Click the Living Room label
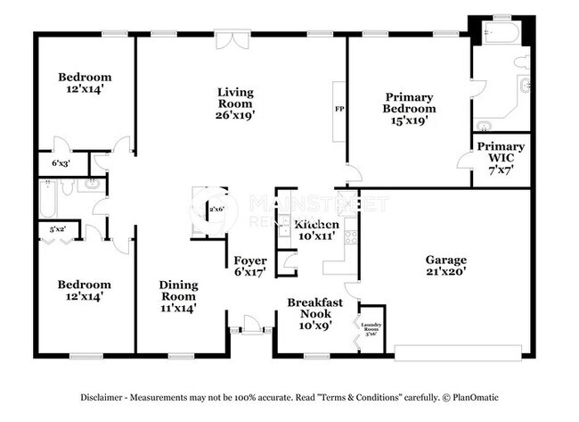pos(236,103)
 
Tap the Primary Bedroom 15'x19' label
pos(409,108)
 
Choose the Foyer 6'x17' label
pos(250,267)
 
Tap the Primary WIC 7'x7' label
pos(500,157)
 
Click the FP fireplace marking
pos(338,109)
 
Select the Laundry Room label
pos(370,327)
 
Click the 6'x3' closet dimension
pos(60,164)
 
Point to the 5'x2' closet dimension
pos(58,229)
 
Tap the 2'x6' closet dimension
pos(216,210)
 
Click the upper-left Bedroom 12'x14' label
pos(85,83)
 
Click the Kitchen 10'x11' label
pos(317,230)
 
